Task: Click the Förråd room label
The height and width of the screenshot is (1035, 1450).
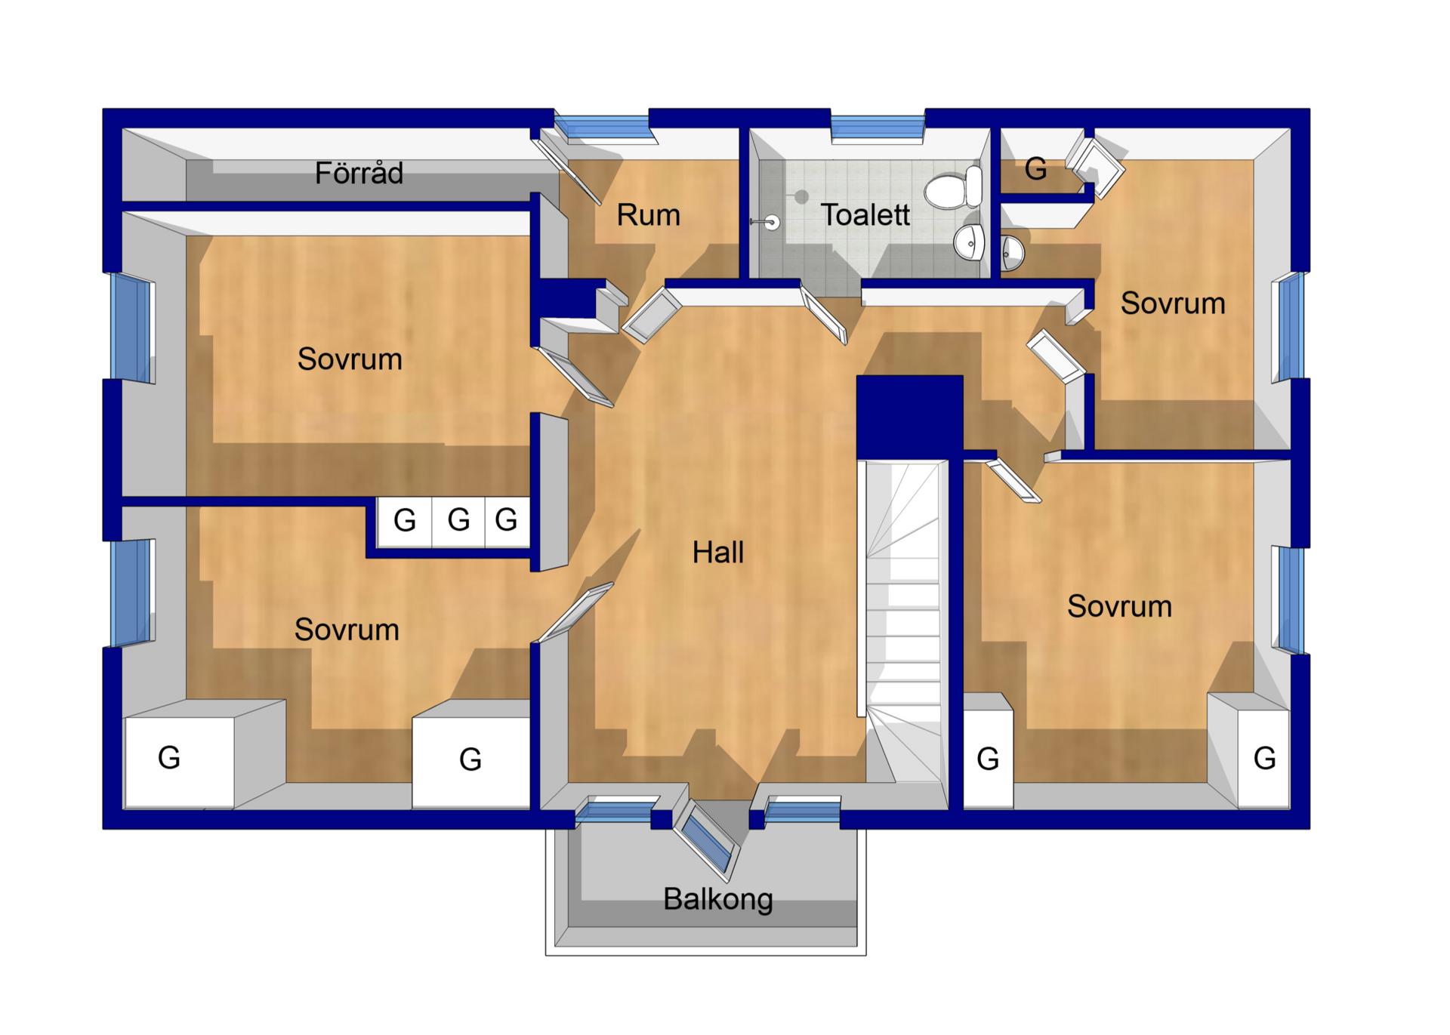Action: (359, 174)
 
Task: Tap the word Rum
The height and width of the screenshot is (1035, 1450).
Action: (649, 215)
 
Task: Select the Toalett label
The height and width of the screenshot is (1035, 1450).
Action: (865, 215)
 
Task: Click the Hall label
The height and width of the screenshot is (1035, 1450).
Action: (718, 553)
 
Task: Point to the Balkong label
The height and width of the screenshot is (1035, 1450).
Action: (718, 900)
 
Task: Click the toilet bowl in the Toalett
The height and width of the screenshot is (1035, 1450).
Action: (953, 188)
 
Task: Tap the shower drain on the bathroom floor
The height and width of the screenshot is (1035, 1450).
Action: (801, 197)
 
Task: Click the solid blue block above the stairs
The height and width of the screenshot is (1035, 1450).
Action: (909, 417)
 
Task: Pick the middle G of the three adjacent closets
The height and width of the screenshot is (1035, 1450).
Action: (458, 520)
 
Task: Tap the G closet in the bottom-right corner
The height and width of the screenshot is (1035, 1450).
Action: (1263, 759)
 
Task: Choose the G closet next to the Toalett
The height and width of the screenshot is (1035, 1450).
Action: (1036, 169)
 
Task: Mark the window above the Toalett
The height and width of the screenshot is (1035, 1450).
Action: (878, 126)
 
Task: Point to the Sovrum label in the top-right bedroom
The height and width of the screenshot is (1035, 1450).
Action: (1173, 303)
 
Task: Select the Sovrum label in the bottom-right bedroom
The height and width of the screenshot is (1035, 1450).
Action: (1119, 607)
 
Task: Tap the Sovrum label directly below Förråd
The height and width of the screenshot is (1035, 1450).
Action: (350, 359)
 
